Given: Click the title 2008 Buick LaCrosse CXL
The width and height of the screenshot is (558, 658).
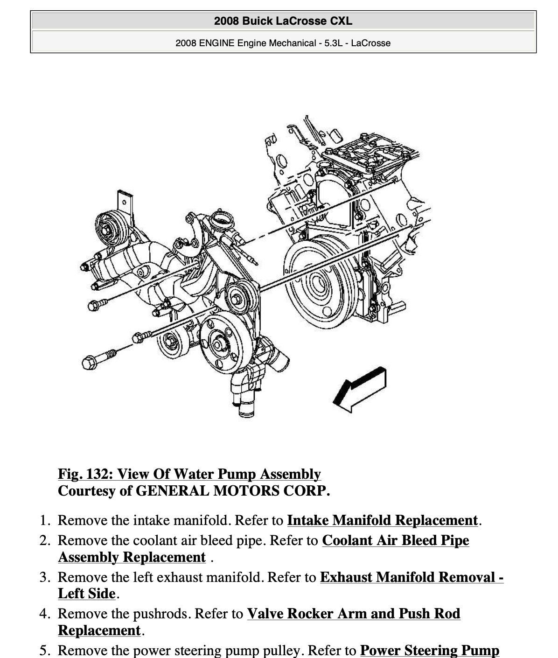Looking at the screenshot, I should pos(283,21).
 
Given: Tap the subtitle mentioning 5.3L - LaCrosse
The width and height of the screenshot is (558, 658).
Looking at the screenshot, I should pos(283,43).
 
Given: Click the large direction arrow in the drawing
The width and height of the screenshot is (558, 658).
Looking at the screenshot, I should pos(360,389).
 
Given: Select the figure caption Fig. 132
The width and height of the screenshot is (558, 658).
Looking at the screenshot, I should pos(189,474).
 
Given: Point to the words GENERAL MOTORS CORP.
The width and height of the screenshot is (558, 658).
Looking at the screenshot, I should pos(232,491).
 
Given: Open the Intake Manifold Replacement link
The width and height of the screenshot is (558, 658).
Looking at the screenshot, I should pos(382,520).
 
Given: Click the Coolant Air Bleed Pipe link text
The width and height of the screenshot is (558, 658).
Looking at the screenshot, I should pos(395,540).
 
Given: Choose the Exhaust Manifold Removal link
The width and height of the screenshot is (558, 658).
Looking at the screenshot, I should pos(411,577).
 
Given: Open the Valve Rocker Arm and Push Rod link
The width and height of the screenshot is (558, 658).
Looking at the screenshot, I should pos(353,614).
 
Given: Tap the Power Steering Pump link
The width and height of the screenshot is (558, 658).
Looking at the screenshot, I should pos(429,650).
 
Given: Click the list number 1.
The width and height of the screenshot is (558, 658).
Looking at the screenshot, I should pos(44,520).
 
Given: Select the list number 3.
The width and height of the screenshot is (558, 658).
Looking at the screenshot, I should pos(44,577).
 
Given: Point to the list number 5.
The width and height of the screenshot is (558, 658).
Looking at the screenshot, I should pos(44,650).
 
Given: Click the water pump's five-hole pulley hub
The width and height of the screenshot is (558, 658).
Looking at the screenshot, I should pos(218,344).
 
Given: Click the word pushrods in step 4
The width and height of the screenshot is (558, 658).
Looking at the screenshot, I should pos(161,614).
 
